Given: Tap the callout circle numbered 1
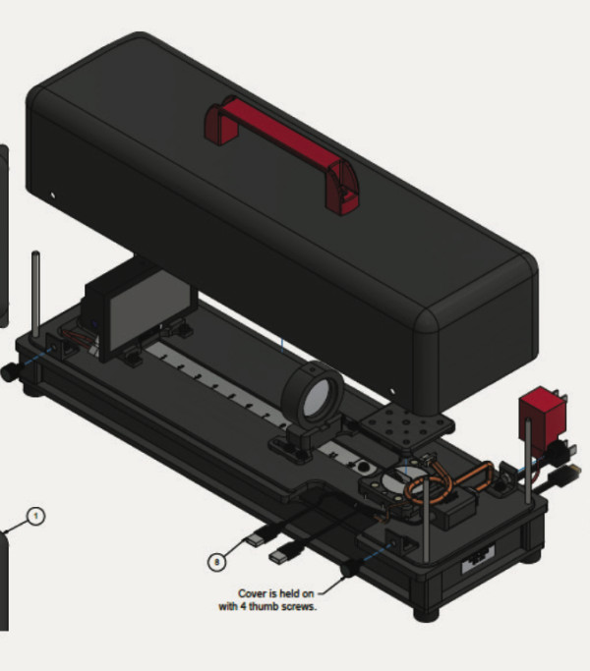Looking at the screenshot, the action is coord(35,516).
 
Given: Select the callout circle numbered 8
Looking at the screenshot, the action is coord(216,562).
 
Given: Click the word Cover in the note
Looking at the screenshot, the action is coord(252,593).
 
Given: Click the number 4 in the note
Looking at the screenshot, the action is coord(243,606).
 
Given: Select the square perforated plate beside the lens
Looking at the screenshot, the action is coord(406,425).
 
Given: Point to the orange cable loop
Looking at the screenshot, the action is coord(445,481).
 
